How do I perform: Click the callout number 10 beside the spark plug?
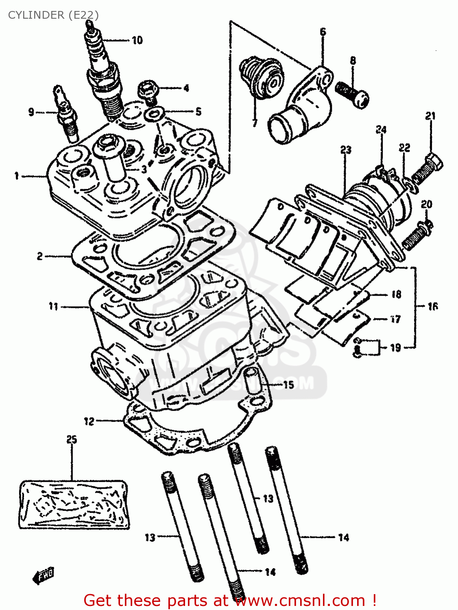click(137, 40)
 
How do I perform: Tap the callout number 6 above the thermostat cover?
click(323, 32)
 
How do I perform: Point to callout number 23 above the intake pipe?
click(346, 150)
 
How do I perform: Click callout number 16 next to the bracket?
click(433, 306)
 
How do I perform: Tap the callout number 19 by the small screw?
click(395, 348)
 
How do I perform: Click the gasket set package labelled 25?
click(74, 504)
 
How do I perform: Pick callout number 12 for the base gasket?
click(89, 421)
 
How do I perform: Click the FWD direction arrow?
click(44, 576)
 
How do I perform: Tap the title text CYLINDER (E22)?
click(53, 15)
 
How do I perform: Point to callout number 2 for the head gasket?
click(40, 256)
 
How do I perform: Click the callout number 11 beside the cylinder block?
click(54, 306)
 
